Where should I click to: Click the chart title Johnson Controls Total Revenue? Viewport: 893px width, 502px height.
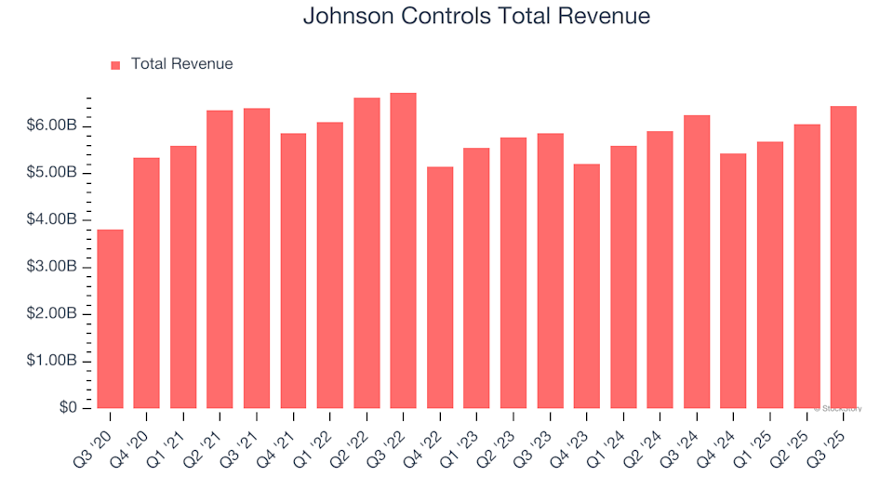pos(476,17)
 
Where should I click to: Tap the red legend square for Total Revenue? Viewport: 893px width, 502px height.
pos(115,65)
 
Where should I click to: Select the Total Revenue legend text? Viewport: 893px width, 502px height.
pos(181,64)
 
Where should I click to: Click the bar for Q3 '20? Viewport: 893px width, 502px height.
pos(110,319)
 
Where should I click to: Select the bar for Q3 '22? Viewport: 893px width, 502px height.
pos(403,251)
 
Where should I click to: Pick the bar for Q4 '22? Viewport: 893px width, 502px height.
pos(440,287)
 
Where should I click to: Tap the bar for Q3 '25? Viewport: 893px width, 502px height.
pos(843,258)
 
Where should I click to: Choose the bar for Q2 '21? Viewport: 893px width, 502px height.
pos(220,259)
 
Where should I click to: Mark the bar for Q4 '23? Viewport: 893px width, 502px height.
pos(587,286)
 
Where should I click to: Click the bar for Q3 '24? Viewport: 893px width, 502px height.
pos(697,262)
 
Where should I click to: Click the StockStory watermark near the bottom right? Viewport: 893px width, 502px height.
pos(839,408)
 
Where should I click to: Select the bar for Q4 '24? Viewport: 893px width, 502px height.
pos(733,281)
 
